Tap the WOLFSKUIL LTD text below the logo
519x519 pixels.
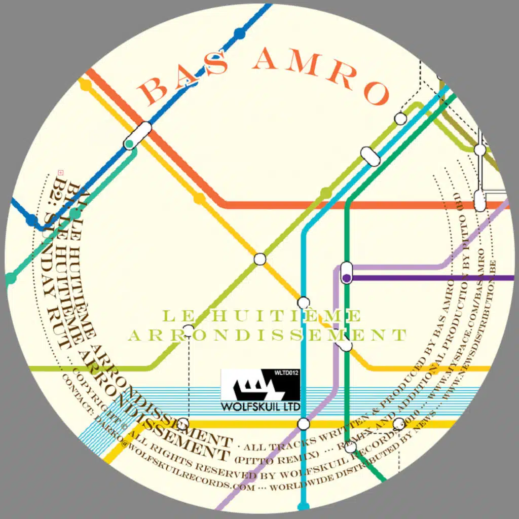point(260,407)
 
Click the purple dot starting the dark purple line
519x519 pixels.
point(347,277)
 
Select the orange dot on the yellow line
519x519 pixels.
point(199,198)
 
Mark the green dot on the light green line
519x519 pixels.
point(326,193)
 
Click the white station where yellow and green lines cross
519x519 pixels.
point(259,259)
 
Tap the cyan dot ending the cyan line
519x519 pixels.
point(304,506)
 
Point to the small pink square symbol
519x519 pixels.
point(60,172)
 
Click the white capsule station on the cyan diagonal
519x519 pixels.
point(370,156)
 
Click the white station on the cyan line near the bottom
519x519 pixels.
point(304,424)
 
